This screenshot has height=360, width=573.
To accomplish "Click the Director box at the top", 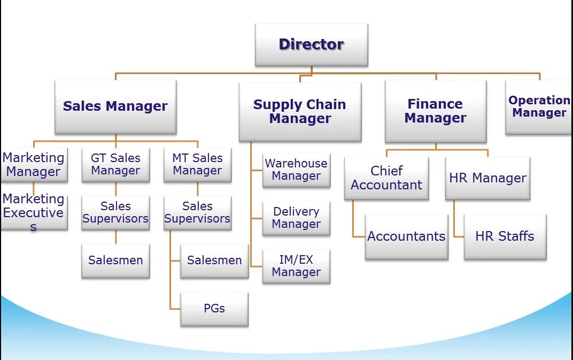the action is [x=311, y=44].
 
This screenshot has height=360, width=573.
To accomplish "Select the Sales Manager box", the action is [x=115, y=106].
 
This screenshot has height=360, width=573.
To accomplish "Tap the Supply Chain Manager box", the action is [x=300, y=112].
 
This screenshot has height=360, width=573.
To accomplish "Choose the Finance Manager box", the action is [x=436, y=111].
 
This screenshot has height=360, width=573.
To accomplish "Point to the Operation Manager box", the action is [x=538, y=107].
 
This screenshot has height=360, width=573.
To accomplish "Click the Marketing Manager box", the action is [x=34, y=165].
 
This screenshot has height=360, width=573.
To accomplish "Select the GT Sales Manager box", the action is [x=115, y=165].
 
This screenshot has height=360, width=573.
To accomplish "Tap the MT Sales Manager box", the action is [x=197, y=165].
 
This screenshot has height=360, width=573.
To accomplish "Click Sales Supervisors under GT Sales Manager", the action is [x=115, y=212].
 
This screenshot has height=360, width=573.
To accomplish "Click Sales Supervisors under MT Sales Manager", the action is [x=197, y=212].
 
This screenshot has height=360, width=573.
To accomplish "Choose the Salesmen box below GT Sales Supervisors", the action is [x=115, y=261].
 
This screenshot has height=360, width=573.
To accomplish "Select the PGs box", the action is [x=214, y=309].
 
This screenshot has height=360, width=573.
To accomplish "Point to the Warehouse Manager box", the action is [x=296, y=170].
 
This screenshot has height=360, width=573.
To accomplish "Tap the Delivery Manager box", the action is [x=296, y=218].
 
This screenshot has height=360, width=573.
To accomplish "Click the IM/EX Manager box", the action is [x=296, y=266].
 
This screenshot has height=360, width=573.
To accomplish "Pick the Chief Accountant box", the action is [x=386, y=178].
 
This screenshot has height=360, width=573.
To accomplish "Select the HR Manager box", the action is [x=487, y=178].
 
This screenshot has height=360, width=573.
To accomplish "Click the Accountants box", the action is [x=406, y=236].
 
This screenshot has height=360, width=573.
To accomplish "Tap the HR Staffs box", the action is [x=505, y=236].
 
